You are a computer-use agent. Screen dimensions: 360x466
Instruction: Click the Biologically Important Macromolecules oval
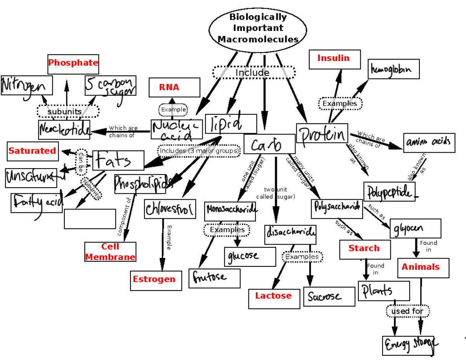[x=258, y=28]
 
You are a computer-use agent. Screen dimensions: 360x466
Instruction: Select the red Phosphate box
[x=73, y=63]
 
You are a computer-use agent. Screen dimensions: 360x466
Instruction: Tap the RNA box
[x=174, y=87]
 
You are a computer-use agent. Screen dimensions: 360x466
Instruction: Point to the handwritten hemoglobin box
[x=393, y=69]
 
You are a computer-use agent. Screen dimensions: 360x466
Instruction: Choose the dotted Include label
[x=254, y=73]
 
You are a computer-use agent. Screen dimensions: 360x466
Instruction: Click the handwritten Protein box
[x=322, y=134]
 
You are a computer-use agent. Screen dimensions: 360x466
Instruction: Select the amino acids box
[x=429, y=143]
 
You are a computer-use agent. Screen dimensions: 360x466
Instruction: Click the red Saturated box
[x=33, y=151]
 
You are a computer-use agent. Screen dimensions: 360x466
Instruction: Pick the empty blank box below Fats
[x=90, y=219]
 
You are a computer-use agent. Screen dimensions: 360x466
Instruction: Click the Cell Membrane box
[x=110, y=252]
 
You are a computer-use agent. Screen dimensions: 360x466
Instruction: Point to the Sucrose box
[x=329, y=297]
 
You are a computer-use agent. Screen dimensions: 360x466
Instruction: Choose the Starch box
[x=365, y=249]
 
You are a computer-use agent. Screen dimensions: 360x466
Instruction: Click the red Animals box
[x=423, y=268]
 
